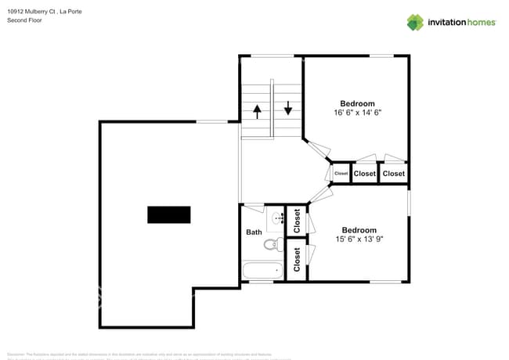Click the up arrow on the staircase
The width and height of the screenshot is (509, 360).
click(x=257, y=111)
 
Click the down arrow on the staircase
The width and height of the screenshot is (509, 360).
click(x=288, y=107)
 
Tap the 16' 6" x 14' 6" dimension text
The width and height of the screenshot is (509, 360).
click(x=357, y=113)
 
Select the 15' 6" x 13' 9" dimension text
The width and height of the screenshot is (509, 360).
click(x=359, y=239)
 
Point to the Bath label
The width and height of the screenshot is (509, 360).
click(x=254, y=232)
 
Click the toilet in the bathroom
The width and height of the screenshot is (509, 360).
click(x=272, y=245)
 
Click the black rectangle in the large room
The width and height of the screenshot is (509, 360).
click(x=169, y=214)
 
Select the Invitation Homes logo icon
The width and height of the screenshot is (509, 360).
click(x=415, y=23)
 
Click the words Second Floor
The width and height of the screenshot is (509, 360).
click(x=24, y=20)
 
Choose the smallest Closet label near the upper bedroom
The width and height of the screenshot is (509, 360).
click(x=341, y=174)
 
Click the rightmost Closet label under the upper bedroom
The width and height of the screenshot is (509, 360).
click(x=394, y=174)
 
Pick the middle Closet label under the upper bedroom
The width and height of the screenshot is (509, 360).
click(x=365, y=174)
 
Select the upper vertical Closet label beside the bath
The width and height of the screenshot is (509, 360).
click(x=297, y=221)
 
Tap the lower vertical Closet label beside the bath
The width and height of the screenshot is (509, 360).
click(x=297, y=260)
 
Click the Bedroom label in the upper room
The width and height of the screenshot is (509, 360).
click(x=357, y=103)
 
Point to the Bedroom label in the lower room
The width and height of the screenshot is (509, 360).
click(x=359, y=230)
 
